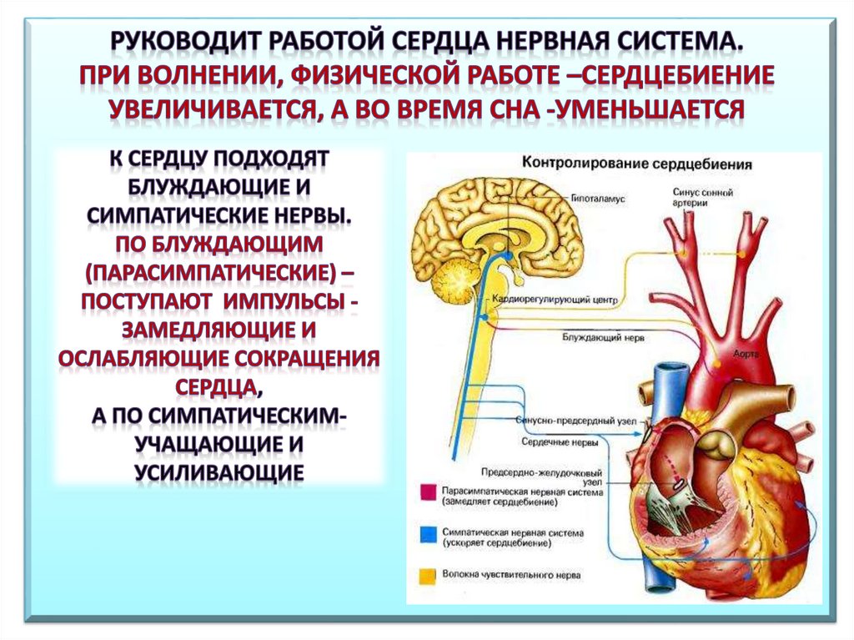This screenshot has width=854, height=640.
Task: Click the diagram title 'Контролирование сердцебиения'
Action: pyautogui.click(x=636, y=164)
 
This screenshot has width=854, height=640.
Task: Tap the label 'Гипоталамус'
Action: pyautogui.click(x=598, y=200)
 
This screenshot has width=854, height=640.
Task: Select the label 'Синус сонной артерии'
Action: pyautogui.click(x=702, y=198)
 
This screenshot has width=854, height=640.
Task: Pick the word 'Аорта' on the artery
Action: pyautogui.click(x=745, y=354)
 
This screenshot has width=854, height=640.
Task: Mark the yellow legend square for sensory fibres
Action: pyautogui.click(x=426, y=575)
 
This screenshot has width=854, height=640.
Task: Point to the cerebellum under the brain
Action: pyautogui.click(x=454, y=280)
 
